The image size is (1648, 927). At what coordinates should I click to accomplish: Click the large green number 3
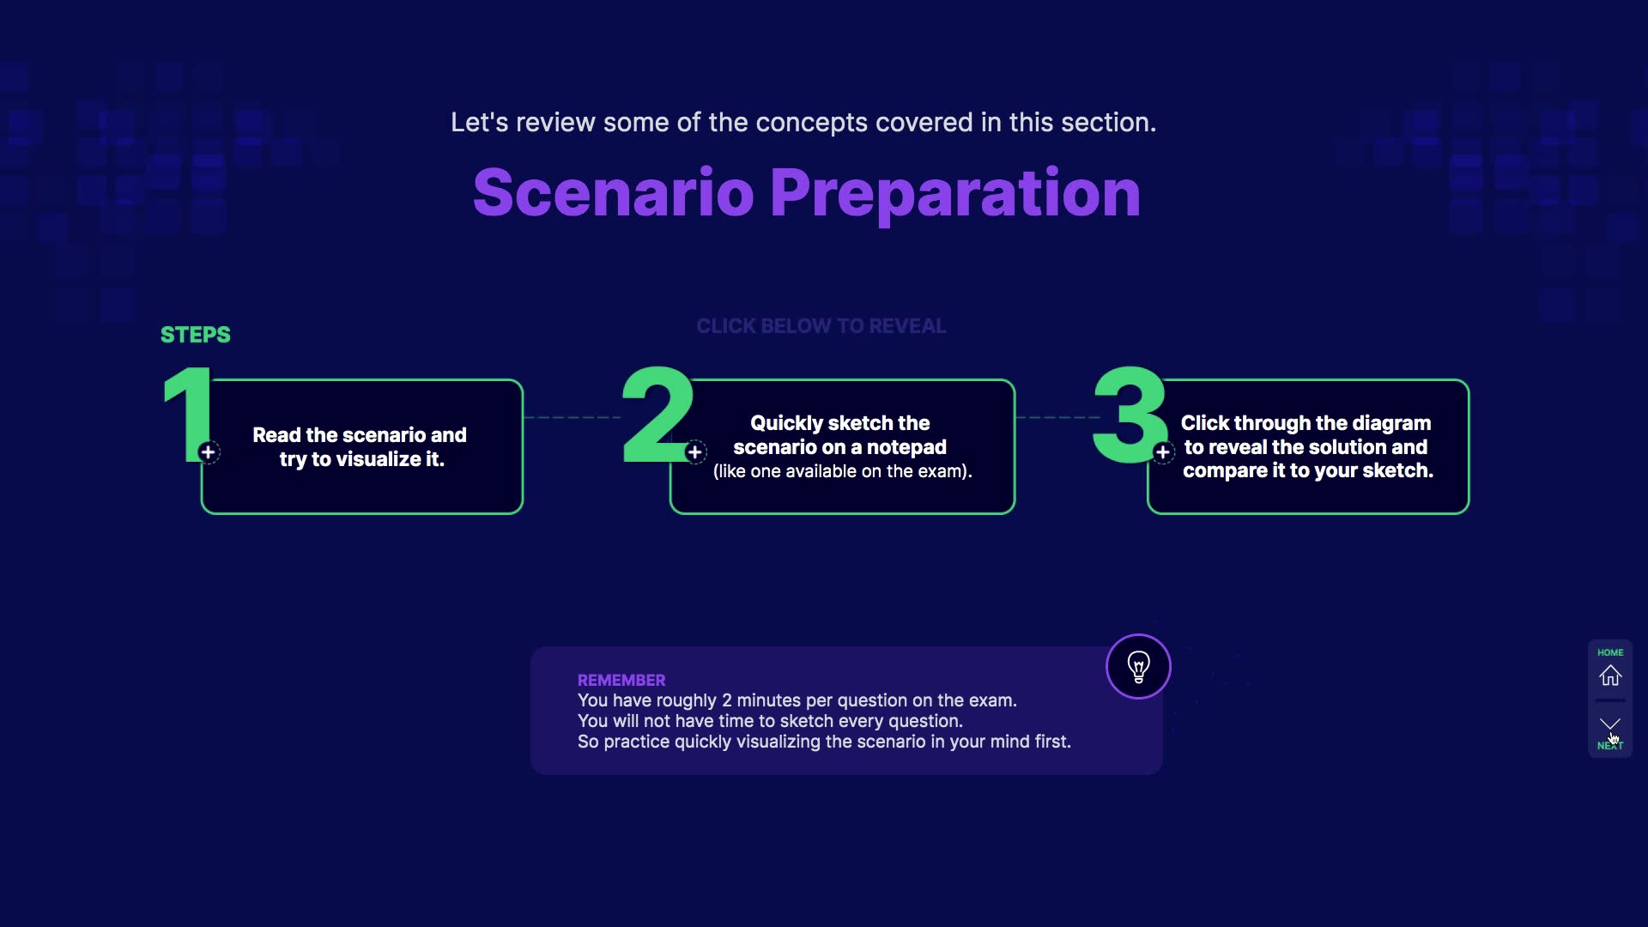1130,415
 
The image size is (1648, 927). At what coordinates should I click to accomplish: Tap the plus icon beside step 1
208,452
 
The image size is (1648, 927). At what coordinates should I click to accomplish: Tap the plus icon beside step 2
695,452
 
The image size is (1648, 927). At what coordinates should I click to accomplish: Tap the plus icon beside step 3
1163,452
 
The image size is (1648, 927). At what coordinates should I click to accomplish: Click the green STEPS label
196,335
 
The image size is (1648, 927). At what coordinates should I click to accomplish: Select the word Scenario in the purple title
614,192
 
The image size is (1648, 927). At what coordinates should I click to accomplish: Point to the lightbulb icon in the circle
1138,667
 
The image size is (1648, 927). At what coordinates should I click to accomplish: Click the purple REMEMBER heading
621,680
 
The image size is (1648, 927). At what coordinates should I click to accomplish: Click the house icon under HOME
1610,676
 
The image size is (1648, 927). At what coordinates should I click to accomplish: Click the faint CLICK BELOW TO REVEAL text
821,326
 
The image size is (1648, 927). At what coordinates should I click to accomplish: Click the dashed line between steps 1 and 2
573,418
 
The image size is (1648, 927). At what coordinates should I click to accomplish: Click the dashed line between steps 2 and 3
1058,418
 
